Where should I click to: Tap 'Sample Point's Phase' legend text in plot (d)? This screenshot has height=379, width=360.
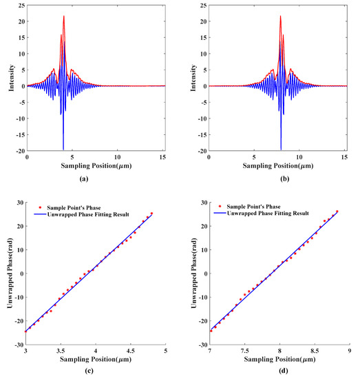pos(264,207)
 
